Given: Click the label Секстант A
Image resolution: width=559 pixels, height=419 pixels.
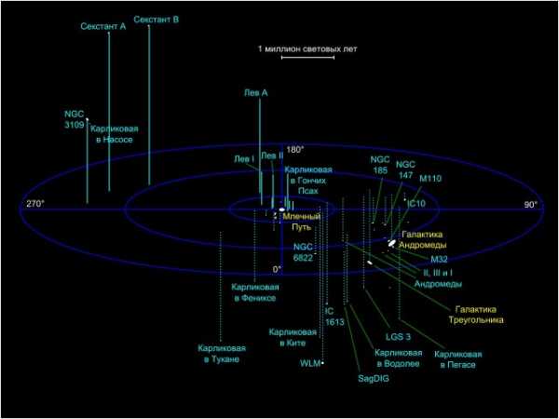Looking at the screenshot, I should click(102, 27).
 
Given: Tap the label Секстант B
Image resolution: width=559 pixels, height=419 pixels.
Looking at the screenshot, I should click(157, 19).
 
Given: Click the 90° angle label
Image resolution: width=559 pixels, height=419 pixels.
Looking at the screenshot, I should click(530, 205).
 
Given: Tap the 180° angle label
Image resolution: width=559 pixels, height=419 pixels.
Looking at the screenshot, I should click(295, 150).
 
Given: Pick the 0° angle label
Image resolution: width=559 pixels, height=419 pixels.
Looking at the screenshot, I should click(277, 269).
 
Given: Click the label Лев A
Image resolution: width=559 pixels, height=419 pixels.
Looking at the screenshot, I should click(255, 94).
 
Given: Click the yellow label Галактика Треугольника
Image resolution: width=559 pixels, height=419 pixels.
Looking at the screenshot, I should click(479, 314).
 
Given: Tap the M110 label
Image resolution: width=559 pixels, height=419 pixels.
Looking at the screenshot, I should click(430, 177).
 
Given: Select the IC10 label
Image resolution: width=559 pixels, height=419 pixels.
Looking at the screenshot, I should click(416, 202).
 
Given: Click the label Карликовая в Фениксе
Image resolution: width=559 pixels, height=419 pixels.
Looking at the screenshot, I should click(254, 292).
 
